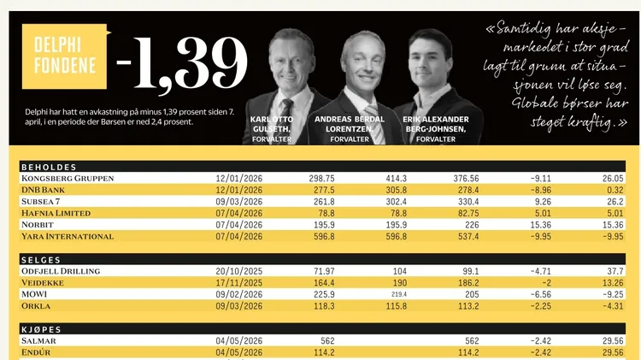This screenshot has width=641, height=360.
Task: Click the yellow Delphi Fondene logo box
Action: tap(65, 56)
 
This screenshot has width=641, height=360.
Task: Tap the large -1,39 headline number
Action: tap(182, 63)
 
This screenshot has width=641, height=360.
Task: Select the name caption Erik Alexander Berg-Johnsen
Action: tap(436, 124)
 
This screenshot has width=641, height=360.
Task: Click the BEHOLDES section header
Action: tap(49, 167)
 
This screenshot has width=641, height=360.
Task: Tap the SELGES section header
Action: tap(41, 260)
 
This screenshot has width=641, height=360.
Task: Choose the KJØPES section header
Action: tap(41, 329)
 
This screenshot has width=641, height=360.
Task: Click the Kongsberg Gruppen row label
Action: tap(68, 179)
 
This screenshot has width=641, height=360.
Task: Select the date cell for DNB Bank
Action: tap(239, 190)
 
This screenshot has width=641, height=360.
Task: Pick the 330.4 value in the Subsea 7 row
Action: tap(466, 202)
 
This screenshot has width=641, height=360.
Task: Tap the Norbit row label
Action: tap(38, 225)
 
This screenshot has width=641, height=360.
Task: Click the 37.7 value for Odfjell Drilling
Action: tap(615, 271)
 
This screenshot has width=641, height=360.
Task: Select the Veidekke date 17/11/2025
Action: tap(239, 283)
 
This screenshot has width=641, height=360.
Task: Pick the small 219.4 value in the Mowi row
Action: tap(399, 294)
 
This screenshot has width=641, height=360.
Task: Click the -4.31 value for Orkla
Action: tap(613, 306)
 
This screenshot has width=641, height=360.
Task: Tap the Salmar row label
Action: tap(38, 341)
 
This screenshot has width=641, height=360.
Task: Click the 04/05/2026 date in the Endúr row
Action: tap(239, 352)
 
